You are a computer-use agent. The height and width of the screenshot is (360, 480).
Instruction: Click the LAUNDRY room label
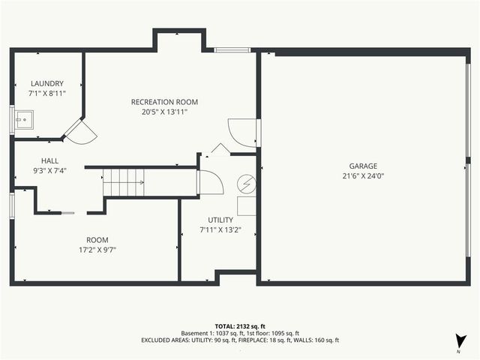46,83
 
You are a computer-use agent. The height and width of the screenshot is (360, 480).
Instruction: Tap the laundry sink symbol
24,118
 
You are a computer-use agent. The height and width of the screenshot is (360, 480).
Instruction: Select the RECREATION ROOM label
164,102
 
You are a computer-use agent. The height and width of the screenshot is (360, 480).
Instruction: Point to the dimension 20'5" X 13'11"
164,112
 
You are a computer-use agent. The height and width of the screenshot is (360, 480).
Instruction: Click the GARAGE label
363,166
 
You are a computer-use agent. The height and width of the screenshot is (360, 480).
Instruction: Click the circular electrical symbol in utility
247,184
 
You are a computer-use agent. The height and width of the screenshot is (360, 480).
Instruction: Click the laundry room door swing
81,133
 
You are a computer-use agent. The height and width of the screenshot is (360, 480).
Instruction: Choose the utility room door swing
210,183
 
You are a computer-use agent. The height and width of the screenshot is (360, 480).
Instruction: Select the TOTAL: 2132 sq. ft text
239,326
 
